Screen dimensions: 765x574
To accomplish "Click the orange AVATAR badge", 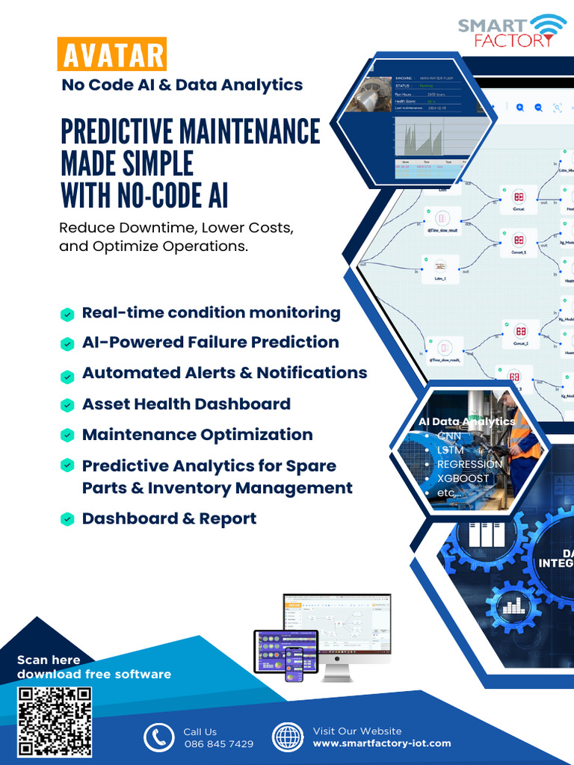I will coord(111,56).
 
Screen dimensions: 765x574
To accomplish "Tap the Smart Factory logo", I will coord(512,31).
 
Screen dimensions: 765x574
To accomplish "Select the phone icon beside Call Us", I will coord(158,737).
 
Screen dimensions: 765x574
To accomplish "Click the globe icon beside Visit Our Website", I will coord(287,737).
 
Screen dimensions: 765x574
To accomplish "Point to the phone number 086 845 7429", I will coord(218,744).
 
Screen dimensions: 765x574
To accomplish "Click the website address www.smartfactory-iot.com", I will coord(381,743).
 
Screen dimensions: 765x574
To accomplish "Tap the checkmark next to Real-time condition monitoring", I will coord(67,315).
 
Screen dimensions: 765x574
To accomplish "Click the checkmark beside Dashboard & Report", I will coord(67,519).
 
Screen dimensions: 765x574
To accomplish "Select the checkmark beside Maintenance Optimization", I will coord(67,435).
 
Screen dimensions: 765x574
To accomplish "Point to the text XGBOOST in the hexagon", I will coord(463,478).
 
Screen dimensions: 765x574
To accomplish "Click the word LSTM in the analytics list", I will coord(450,450).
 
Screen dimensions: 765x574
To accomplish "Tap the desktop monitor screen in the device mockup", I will coord(337,623).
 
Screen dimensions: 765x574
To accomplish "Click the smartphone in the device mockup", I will coord(294,663).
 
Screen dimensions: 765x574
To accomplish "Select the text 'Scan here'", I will coord(49,660).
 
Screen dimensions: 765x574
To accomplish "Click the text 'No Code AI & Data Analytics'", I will coord(182,85).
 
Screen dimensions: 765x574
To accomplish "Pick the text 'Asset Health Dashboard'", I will coord(186,404).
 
